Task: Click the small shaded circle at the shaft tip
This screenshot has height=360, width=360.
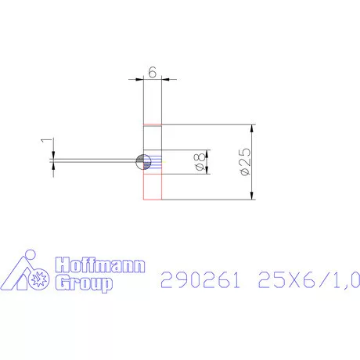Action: (142, 161)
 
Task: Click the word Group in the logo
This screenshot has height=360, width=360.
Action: (80, 282)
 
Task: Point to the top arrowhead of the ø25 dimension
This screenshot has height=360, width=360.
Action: (252, 129)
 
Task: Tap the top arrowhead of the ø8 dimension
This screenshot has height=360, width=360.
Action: (207, 153)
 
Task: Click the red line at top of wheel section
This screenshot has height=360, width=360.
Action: (153, 125)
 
